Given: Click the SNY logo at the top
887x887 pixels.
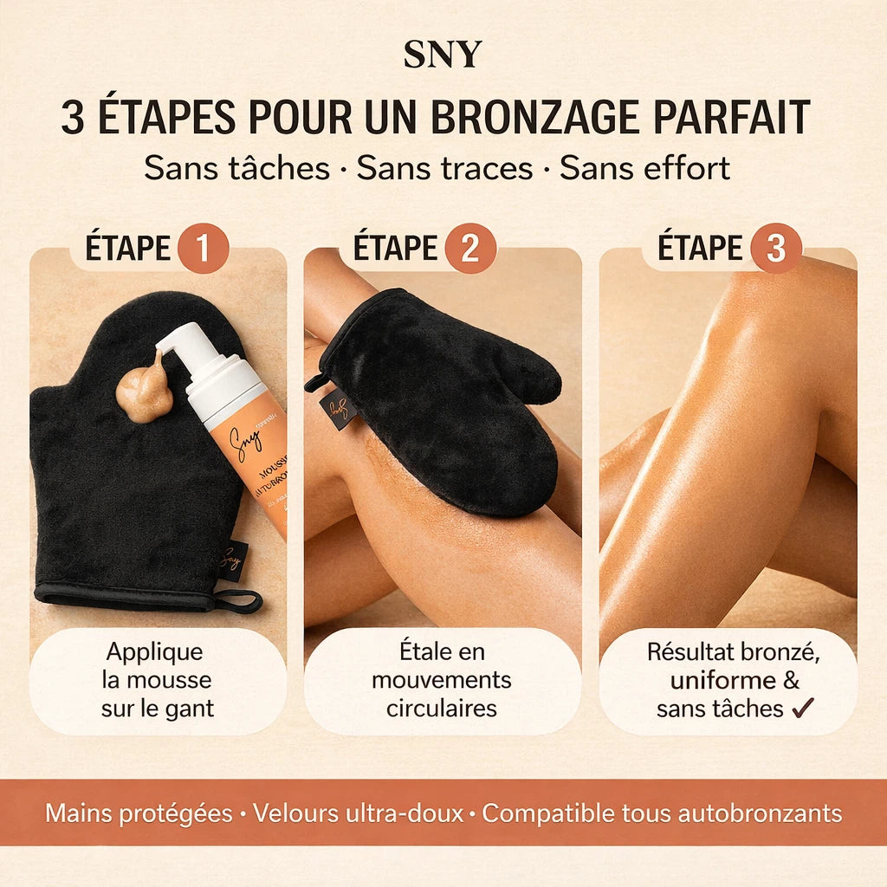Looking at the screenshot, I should [442, 54].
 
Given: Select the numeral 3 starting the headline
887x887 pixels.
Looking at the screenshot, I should [73, 119].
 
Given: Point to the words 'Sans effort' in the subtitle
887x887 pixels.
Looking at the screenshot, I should [644, 168].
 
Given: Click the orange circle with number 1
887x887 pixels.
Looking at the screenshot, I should [203, 249].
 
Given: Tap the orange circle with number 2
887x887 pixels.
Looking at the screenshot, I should [470, 249].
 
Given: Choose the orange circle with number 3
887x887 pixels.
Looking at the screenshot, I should [775, 249].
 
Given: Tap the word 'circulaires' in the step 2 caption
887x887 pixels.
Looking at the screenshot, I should [442, 708].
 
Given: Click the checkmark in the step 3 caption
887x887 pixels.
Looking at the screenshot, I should [803, 708].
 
